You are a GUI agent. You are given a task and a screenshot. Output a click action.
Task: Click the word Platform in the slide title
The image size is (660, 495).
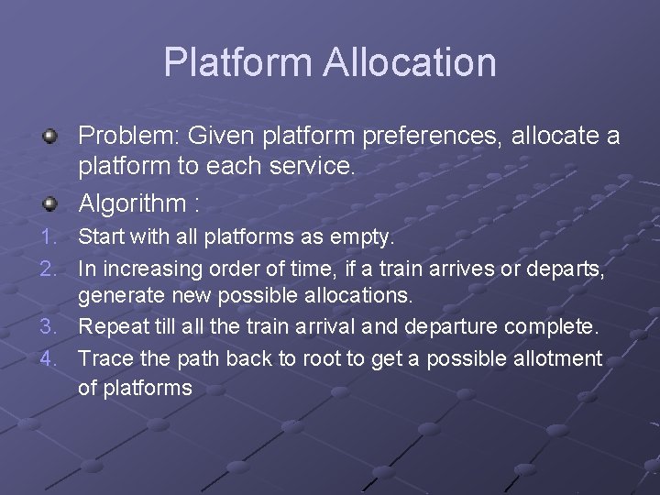(237, 62)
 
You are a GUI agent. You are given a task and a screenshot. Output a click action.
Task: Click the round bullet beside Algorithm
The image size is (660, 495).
(52, 202)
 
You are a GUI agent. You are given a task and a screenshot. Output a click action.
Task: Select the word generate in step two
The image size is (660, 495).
(115, 297)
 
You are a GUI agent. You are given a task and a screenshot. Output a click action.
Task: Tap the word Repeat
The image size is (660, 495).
(109, 326)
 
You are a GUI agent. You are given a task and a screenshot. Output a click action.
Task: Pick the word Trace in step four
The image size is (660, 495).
(104, 357)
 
